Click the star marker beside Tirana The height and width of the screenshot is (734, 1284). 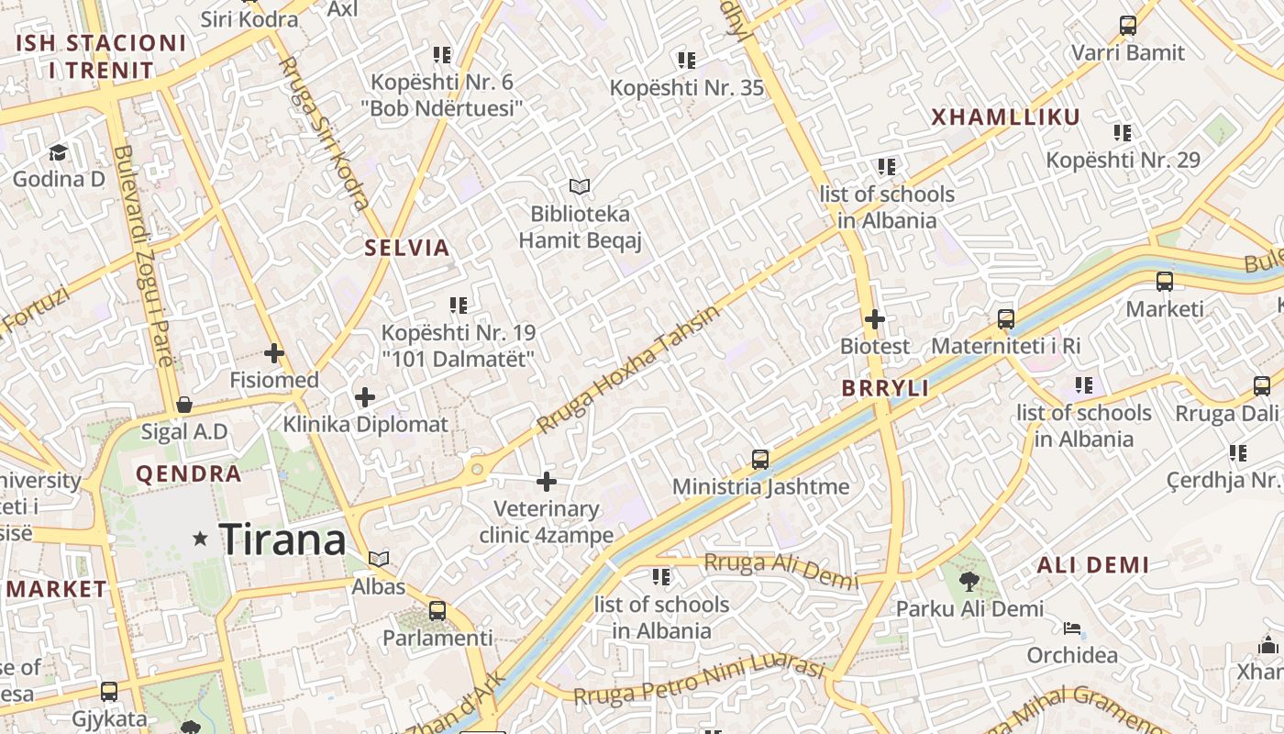click(x=200, y=539)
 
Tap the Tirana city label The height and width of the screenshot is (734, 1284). click(x=283, y=539)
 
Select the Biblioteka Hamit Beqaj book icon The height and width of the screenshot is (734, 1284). click(x=579, y=187)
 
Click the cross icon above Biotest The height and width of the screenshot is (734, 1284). click(x=875, y=319)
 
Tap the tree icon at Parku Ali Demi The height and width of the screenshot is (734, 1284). click(x=969, y=581)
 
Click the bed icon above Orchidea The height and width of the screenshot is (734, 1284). click(x=1071, y=628)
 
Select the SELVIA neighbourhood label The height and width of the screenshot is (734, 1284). click(x=407, y=248)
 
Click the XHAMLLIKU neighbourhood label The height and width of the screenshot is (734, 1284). click(x=1006, y=117)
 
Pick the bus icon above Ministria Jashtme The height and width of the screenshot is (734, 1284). click(x=760, y=459)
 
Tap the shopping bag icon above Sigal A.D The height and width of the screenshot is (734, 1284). click(x=184, y=405)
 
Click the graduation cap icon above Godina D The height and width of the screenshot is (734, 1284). click(x=59, y=152)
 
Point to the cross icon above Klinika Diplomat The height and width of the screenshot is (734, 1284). click(x=365, y=397)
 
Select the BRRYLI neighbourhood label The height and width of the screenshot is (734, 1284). click(x=886, y=388)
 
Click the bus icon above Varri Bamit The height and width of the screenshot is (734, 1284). click(x=1128, y=26)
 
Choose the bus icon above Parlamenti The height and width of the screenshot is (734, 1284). click(x=437, y=610)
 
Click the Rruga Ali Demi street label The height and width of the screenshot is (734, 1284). click(x=780, y=571)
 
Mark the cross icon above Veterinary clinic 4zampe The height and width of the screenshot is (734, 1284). click(x=547, y=481)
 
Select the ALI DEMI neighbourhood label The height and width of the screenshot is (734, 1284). click(x=1092, y=565)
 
